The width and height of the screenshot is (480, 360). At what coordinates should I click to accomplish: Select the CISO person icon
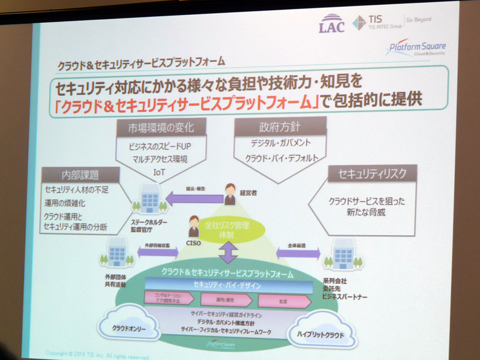(x=193, y=226)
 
